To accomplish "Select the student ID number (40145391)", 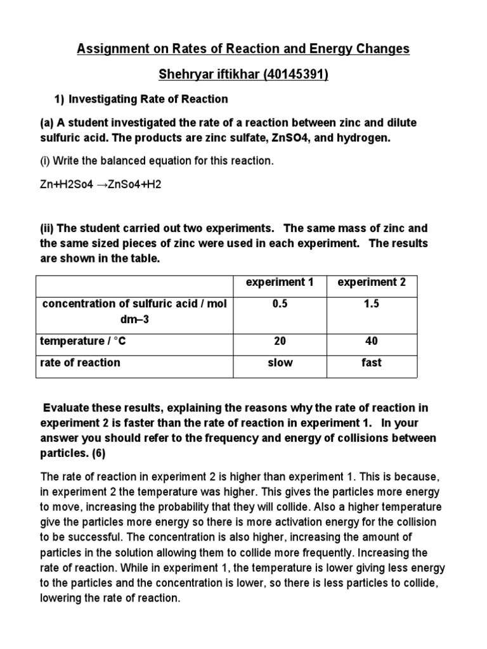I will click(296, 75).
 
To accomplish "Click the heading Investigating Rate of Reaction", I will click(148, 100).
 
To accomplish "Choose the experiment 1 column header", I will click(280, 283).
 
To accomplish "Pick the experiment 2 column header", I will click(372, 283).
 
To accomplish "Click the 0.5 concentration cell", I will click(280, 304).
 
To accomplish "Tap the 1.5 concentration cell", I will click(372, 304).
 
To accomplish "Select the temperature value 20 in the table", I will click(280, 342).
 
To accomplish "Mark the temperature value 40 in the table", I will click(372, 342).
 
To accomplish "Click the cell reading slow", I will click(280, 363).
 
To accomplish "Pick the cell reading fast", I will click(372, 363).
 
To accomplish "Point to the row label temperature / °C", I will click(83, 342).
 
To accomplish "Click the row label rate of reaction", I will click(80, 363).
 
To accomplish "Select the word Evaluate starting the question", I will click(67, 408).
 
